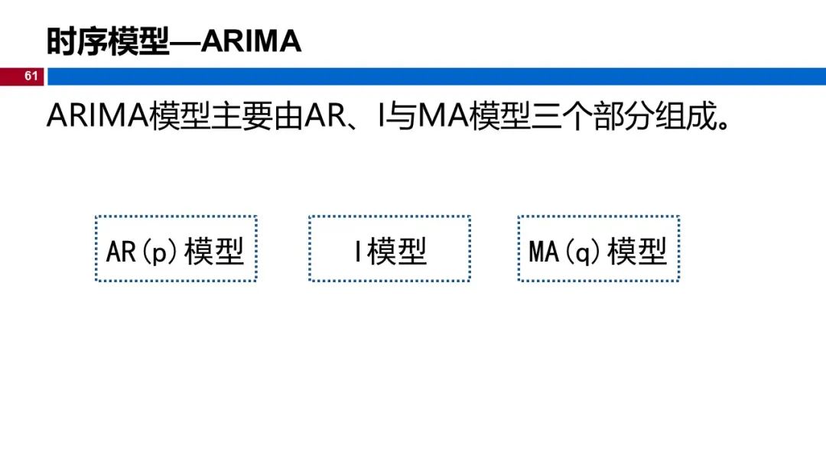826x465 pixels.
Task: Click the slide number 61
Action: [x=31, y=76]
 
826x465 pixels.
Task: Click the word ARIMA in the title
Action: [x=252, y=41]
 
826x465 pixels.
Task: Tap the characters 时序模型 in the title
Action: [x=107, y=41]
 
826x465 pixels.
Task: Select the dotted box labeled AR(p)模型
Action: [x=176, y=249]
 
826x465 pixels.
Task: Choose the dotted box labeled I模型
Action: [x=389, y=249]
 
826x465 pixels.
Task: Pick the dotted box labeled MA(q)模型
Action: [x=598, y=249]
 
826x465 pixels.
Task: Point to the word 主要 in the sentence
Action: [x=242, y=117]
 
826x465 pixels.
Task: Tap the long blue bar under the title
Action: [x=436, y=76]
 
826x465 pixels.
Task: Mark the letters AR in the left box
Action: [x=121, y=251]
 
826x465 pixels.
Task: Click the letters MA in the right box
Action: [x=544, y=251]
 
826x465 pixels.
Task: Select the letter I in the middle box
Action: [x=357, y=251]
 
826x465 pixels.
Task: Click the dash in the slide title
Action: [x=184, y=42]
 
